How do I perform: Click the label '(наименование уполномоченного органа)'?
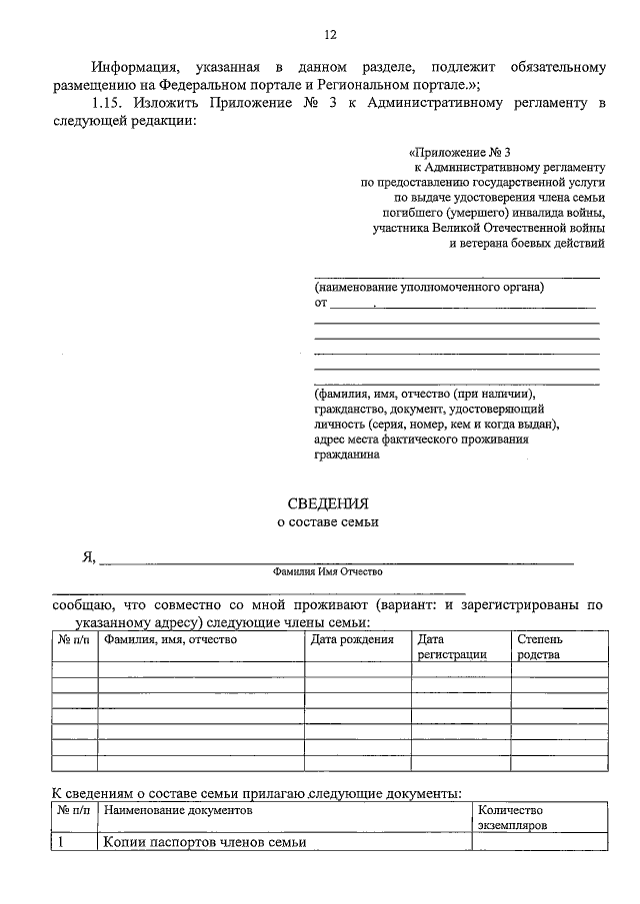[429, 287]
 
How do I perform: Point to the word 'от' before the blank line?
[321, 302]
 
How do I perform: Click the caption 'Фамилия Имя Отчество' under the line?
[328, 572]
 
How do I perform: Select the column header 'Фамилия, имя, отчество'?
[169, 638]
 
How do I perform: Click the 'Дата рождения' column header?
[349, 638]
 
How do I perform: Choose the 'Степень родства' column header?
[540, 646]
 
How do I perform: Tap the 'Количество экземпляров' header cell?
[513, 819]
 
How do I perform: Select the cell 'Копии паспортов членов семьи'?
[204, 843]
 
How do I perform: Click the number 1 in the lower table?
[60, 843]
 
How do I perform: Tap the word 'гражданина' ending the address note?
[347, 454]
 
